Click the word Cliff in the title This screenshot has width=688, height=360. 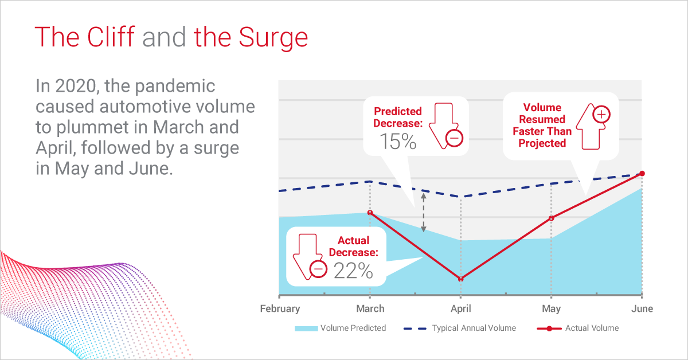coord(111,37)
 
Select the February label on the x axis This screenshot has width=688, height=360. coord(280,309)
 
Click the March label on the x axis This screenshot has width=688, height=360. coord(370,308)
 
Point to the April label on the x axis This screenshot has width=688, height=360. coord(461,309)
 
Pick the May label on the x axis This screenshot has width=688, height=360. coord(552,309)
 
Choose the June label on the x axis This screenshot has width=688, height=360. coord(642,308)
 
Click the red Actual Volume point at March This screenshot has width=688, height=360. coord(370,213)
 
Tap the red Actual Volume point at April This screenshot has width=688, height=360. coord(461,279)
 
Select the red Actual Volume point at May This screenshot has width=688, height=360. coord(552,218)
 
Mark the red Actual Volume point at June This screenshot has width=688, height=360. coord(642,174)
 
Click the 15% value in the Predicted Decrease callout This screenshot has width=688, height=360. coord(398,142)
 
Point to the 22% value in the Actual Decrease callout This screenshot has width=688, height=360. coord(353,271)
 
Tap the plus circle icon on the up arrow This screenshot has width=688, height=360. coord(601,115)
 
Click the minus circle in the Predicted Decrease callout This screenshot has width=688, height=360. coord(454,138)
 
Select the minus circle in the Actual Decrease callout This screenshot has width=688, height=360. coord(318,269)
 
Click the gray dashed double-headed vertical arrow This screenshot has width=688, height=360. coord(424,212)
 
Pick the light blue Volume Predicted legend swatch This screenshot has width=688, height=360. coord(306,328)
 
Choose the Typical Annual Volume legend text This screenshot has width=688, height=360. coord(474,328)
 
